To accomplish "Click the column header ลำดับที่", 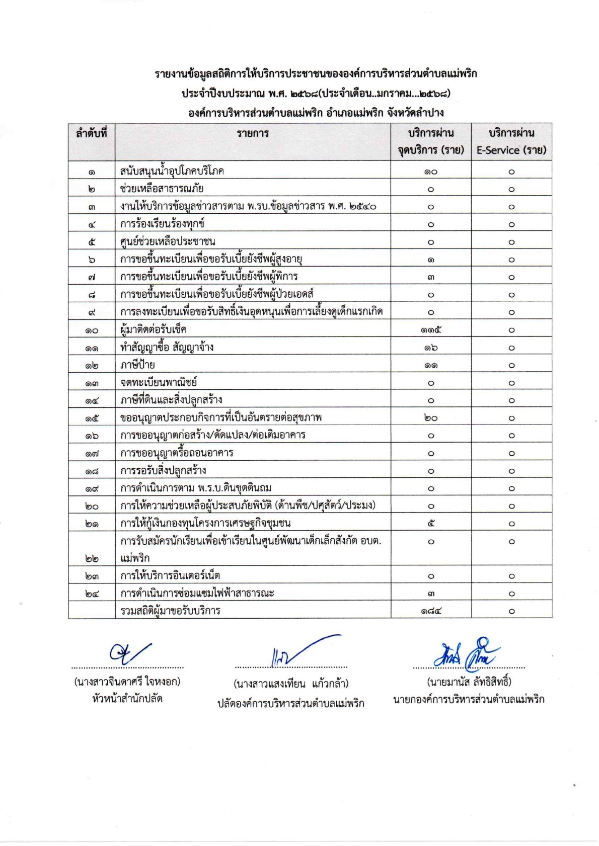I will (x=91, y=133).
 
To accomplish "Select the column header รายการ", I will (x=253, y=133).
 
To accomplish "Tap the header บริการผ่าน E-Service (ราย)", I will (x=511, y=142).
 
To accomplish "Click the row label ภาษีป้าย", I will (x=137, y=365).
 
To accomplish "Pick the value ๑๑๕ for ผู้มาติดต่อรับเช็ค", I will (x=431, y=330).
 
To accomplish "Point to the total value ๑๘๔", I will (x=431, y=611).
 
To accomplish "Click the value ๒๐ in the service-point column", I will (x=431, y=418).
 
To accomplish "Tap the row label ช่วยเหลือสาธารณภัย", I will (x=162, y=189).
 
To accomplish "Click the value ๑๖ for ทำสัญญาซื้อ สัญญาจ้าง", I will (x=431, y=348).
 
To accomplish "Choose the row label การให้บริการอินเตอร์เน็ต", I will (x=170, y=575).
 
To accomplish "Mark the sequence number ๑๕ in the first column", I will (x=92, y=418).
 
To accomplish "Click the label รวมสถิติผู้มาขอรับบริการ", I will (x=170, y=611).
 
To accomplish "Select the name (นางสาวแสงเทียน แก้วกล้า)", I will (x=291, y=684).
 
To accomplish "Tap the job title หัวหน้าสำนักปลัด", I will (x=127, y=699).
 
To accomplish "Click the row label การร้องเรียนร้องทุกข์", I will (x=162, y=224).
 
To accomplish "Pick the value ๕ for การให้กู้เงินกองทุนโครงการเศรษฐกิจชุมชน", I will (x=431, y=524).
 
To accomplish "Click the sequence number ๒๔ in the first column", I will (x=92, y=594).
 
